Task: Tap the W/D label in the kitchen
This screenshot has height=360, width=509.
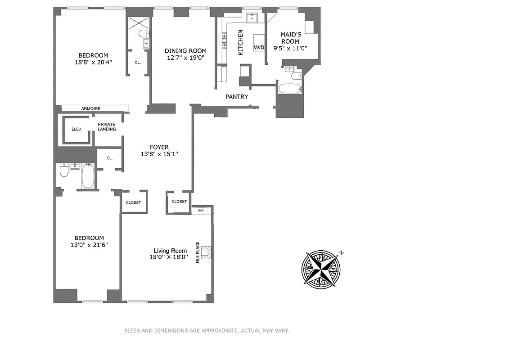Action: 259,47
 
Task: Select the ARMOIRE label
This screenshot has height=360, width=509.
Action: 91,108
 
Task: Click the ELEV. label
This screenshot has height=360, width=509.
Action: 77,130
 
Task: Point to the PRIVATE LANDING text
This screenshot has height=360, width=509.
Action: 107,127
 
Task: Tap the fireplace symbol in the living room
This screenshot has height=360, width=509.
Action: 206,253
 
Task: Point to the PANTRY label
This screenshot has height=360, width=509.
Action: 237,97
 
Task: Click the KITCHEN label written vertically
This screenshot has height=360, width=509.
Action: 240,42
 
